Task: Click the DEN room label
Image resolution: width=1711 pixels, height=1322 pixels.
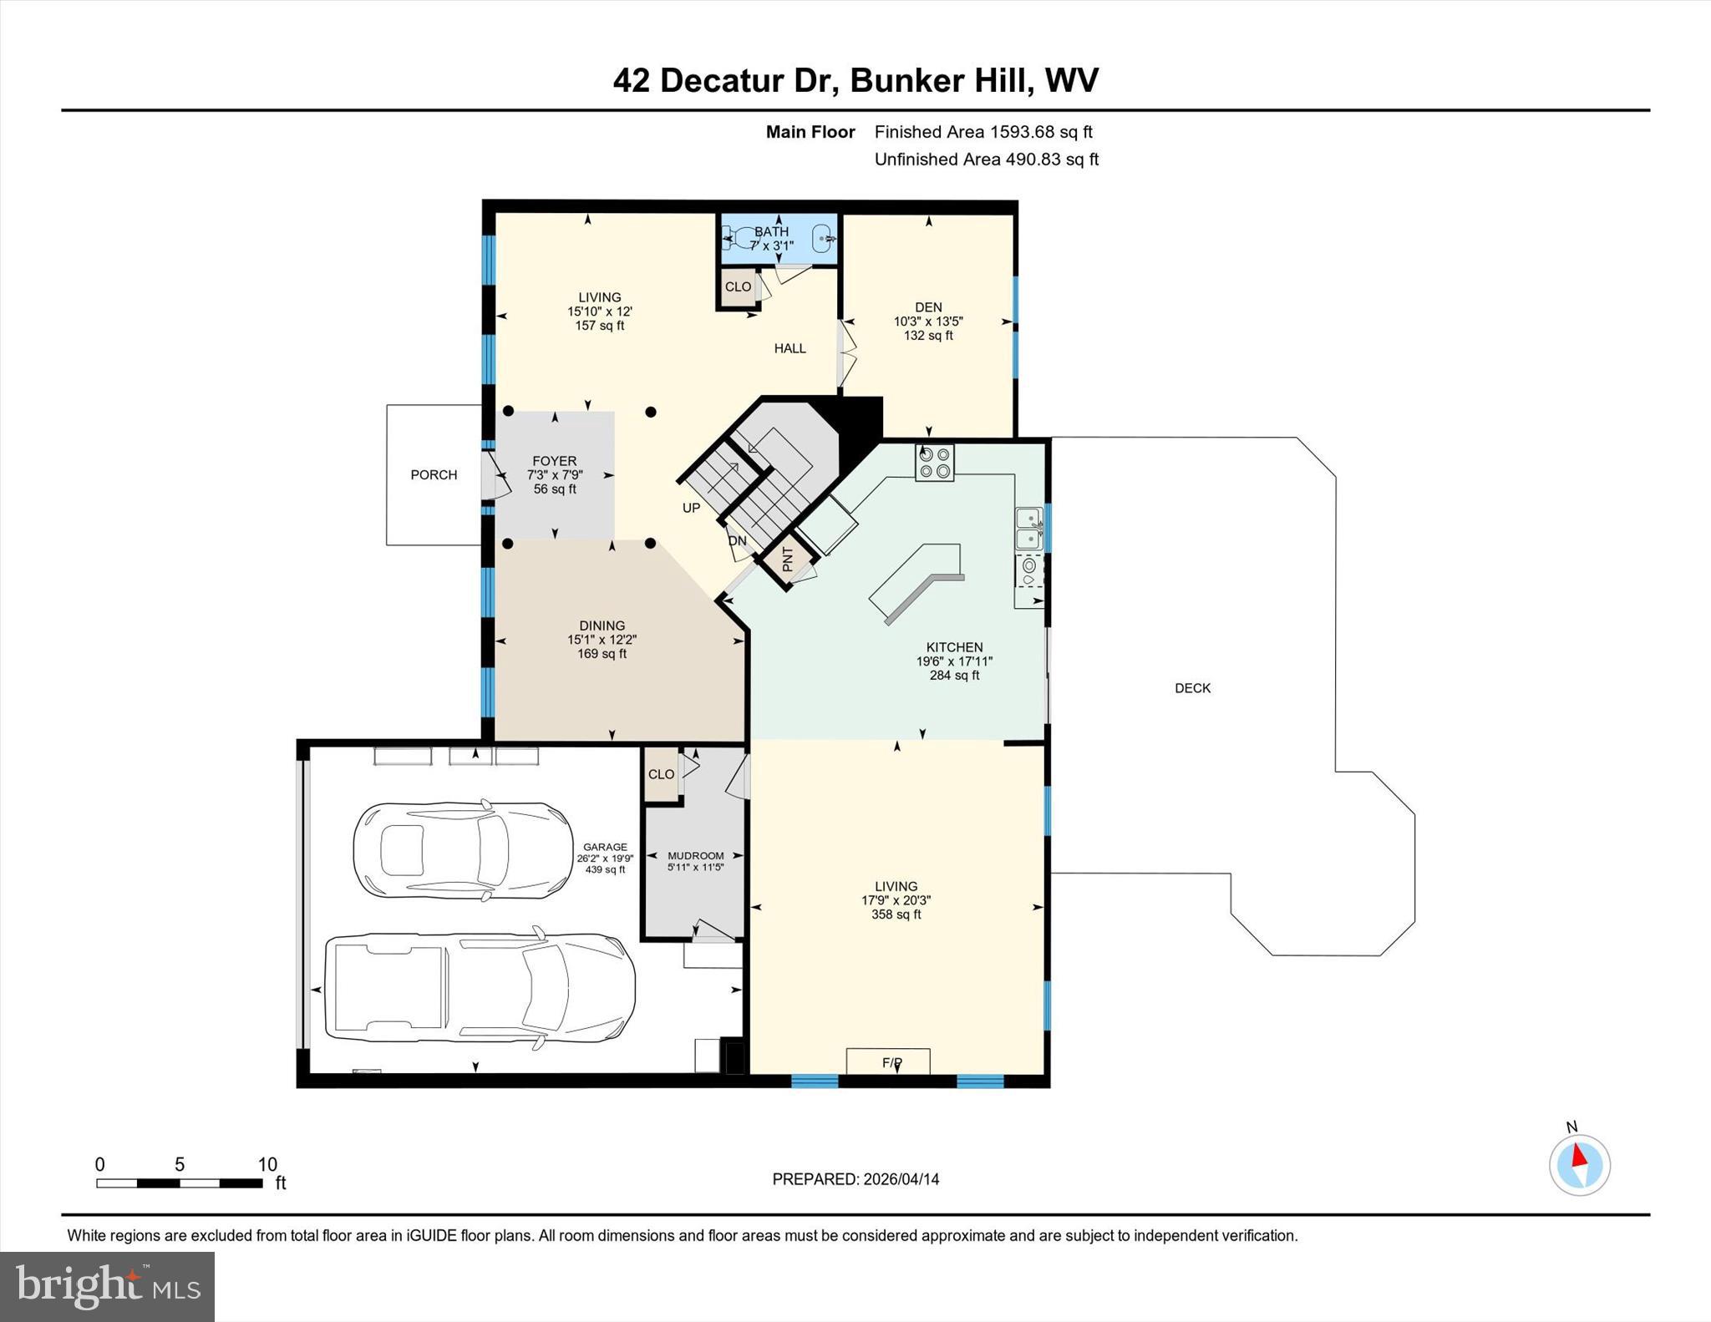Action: coord(928,307)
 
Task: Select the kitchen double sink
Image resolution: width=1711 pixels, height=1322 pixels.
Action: coord(1028,529)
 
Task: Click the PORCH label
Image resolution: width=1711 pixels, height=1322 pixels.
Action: coord(434,474)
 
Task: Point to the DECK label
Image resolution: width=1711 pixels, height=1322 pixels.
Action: coord(1192,688)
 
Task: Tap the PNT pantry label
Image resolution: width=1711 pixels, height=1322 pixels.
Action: coord(788,559)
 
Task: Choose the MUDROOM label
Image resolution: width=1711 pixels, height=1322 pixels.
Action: coord(695,855)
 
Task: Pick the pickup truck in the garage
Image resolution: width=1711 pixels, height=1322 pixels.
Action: coord(480,988)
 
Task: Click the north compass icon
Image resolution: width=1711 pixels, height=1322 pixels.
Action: coord(1579,1164)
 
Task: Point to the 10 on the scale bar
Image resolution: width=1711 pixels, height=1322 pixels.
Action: coord(267,1164)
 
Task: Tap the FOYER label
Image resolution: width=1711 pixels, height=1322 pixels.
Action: coord(555,461)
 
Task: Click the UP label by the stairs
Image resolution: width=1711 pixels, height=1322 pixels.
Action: coord(691,508)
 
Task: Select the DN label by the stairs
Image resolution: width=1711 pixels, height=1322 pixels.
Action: coord(737,541)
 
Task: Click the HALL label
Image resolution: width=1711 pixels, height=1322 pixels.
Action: coord(789,348)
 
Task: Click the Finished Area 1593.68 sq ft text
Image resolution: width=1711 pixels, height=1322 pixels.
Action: coord(983,132)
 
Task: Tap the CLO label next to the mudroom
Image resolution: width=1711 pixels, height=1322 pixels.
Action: coord(661,774)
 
